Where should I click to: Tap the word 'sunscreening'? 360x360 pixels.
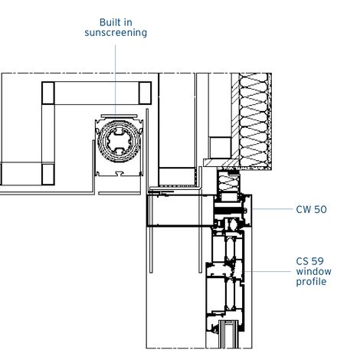[116, 33]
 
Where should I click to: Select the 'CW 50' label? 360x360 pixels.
[311, 209]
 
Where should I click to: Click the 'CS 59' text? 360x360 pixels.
[309, 261]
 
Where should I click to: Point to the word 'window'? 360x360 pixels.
[313, 271]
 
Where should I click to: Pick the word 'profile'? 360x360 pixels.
[311, 282]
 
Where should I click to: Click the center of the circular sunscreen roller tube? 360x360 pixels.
[118, 141]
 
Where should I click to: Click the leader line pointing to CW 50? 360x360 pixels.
[272, 209]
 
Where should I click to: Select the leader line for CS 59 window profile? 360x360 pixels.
[268, 271]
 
